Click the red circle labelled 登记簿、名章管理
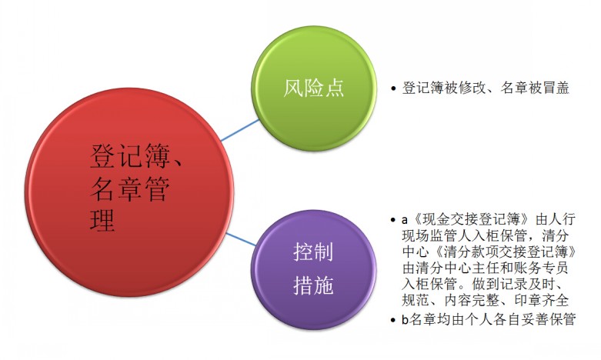pyautogui.click(x=129, y=192)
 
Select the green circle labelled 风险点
pyautogui.click(x=314, y=88)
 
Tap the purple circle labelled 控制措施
pyautogui.click(x=314, y=269)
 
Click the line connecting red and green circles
pyautogui.click(x=240, y=130)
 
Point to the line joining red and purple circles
pyautogui.click(x=241, y=239)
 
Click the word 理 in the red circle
pyautogui.click(x=102, y=220)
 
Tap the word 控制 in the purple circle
pyautogui.click(x=313, y=252)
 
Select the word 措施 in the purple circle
pyautogui.click(x=313, y=285)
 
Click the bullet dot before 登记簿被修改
pyautogui.click(x=393, y=89)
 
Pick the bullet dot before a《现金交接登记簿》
pyautogui.click(x=393, y=220)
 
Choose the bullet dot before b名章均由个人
pyautogui.click(x=393, y=319)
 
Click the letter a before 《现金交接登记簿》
pyautogui.click(x=405, y=220)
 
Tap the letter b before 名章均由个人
pyautogui.click(x=405, y=319)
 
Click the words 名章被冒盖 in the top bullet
pyautogui.click(x=535, y=88)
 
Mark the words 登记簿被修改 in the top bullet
pyautogui.click(x=443, y=88)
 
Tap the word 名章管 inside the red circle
pyautogui.click(x=130, y=188)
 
